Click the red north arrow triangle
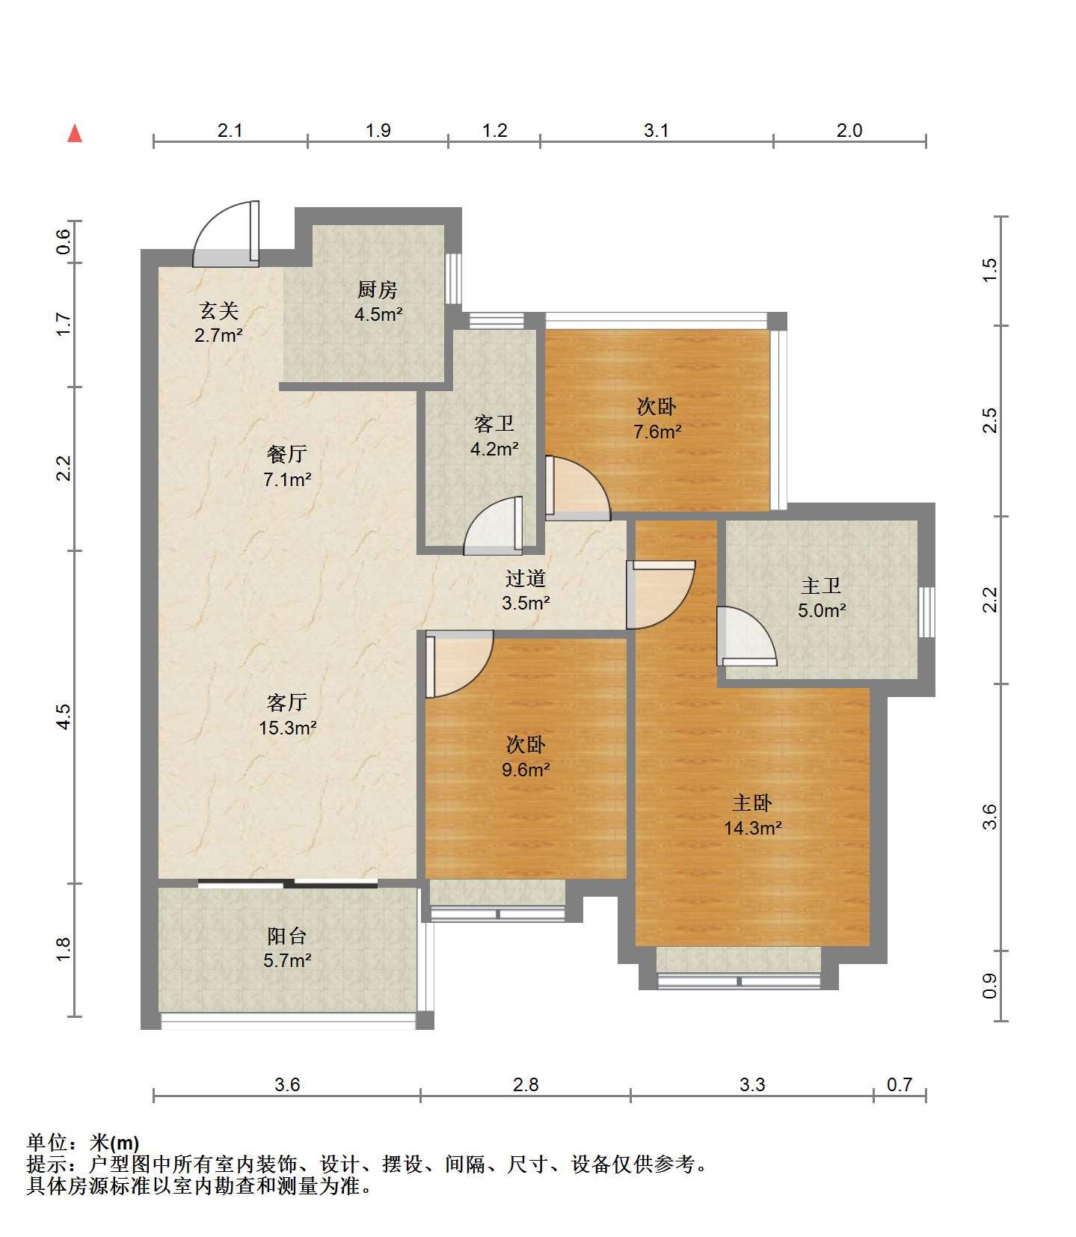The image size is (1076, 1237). pos(75,133)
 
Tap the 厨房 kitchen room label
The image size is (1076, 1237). pos(378,289)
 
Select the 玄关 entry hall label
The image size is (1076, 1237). pos(218,310)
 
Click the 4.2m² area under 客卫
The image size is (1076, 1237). pos(494,449)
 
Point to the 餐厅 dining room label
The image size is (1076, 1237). pos(287,454)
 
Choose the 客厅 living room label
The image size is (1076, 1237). pos(287,702)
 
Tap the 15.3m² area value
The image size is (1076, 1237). pos(288,727)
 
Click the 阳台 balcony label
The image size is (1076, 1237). pos(287,936)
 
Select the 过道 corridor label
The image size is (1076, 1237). pos(526,578)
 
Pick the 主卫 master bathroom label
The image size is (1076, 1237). pos(821,586)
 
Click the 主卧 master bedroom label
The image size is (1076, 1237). pos(752,803)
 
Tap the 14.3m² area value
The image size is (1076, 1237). pos(753,828)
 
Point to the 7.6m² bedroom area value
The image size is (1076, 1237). pos(657,431)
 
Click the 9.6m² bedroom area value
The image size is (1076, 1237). pos(526,769)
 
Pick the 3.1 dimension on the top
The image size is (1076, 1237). pos(657,130)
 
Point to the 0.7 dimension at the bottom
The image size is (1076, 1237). pos(900,1084)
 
